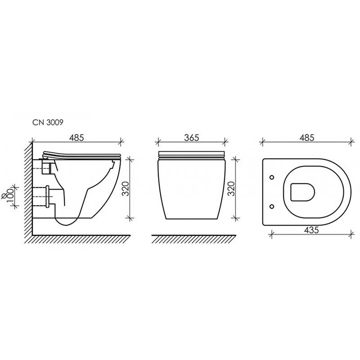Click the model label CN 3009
pos(48,122)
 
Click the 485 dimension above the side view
pos(76,138)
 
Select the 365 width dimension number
pos(192,138)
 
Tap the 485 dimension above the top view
pos(307,138)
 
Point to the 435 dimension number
pos(311,230)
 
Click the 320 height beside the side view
pos(126,189)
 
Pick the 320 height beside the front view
pos(231,189)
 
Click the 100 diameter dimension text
pos(10,195)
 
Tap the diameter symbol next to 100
pos(4,196)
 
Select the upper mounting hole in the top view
pos(272,177)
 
